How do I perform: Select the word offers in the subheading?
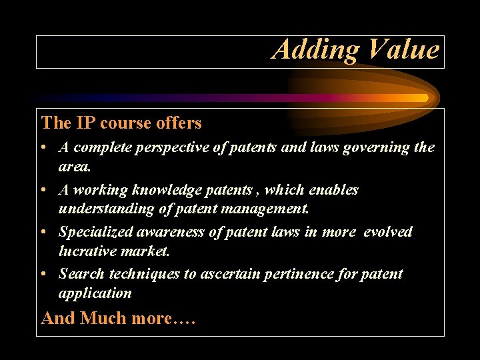[179, 123]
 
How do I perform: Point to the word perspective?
[167, 148]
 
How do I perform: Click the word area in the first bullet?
[73, 166]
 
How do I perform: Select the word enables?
[333, 190]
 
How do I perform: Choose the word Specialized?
[95, 232]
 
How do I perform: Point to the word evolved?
[387, 232]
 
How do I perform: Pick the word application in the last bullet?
[95, 293]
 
